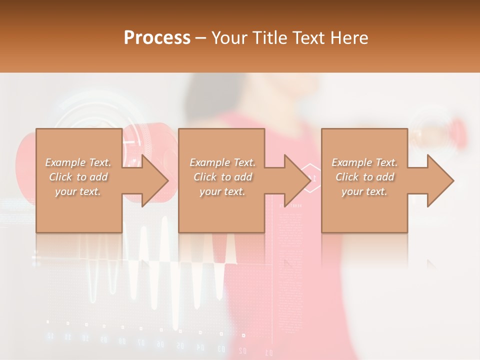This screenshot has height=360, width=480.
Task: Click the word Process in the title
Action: pos(157,37)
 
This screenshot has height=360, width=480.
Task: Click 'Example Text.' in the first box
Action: pos(78,162)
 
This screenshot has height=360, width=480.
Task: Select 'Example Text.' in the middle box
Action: pos(222,162)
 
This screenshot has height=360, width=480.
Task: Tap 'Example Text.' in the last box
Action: pos(364,162)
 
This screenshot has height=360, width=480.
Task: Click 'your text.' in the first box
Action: pos(78,191)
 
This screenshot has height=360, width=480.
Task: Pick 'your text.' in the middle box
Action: pos(222,191)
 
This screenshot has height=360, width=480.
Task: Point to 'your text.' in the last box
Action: pos(364,191)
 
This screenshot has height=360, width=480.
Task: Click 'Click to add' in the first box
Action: pos(78,177)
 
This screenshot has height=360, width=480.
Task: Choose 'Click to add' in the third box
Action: pos(364,177)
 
